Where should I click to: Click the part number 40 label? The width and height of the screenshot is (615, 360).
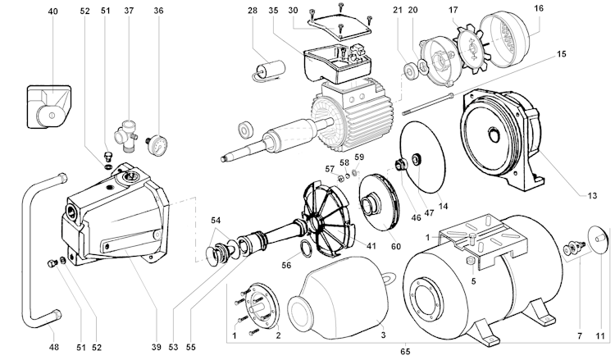click(x=53, y=11)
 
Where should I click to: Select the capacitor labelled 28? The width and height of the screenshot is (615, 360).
click(x=269, y=69)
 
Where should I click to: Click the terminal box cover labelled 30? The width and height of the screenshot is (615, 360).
click(x=339, y=25)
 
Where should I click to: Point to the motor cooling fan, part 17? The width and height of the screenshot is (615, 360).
click(x=471, y=49)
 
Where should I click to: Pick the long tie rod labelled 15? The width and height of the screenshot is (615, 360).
click(x=427, y=104)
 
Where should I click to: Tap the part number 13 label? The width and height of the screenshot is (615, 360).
click(x=592, y=195)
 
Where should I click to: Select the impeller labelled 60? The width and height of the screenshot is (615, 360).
click(x=379, y=203)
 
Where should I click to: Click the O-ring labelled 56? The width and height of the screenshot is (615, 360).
click(x=306, y=248)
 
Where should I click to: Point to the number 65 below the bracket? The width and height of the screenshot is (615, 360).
click(x=405, y=351)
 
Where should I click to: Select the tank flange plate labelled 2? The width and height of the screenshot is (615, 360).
click(x=262, y=306)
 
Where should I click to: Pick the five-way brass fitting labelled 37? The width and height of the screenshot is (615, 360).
click(x=125, y=135)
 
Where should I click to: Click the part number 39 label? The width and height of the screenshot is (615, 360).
click(x=156, y=347)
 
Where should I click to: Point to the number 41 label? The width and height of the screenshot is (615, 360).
click(x=371, y=246)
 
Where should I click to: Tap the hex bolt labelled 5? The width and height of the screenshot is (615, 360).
click(x=471, y=261)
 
